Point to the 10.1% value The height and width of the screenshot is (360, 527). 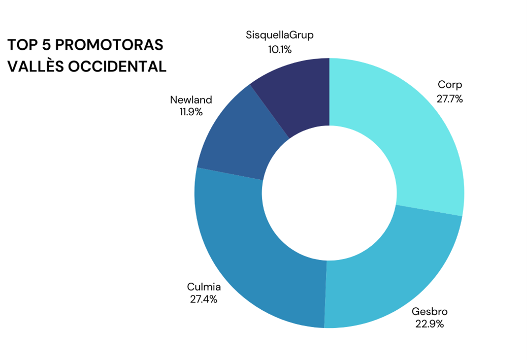tap(280, 49)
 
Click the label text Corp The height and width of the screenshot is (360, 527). tap(450, 85)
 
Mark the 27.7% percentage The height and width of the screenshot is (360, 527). tap(450, 98)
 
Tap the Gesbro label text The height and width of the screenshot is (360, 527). tap(430, 311)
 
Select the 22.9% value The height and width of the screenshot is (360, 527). tap(430, 325)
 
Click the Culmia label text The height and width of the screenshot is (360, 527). tap(204, 287)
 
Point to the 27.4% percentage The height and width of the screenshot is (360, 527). tap(204, 299)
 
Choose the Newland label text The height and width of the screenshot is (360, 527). tap(191, 99)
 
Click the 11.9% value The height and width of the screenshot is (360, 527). tap(191, 112)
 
